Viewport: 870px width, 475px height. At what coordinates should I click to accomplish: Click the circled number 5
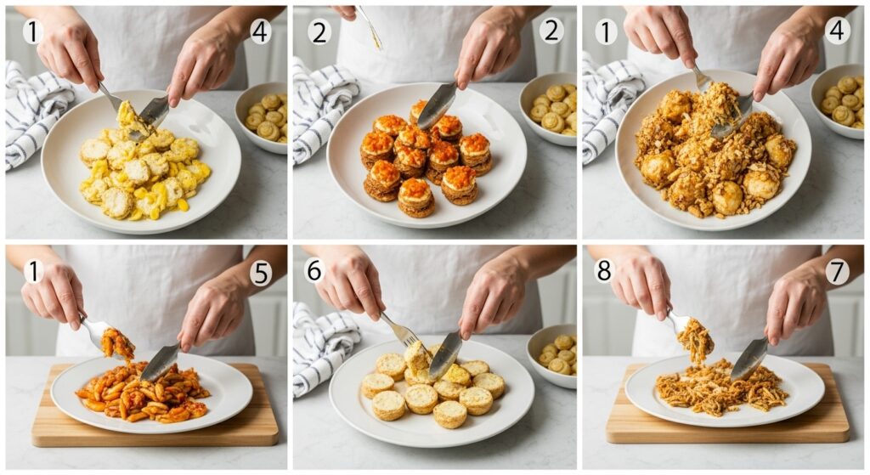click(x=261, y=273)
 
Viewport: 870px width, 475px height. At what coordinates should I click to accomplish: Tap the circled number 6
click(x=314, y=271)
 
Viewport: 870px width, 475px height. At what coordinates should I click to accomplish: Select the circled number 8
click(x=603, y=271)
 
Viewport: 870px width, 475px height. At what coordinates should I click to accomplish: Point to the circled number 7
click(x=837, y=272)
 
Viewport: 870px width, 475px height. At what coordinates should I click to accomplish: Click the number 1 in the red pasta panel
click(x=33, y=272)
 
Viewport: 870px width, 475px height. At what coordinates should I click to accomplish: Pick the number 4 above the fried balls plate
click(x=837, y=31)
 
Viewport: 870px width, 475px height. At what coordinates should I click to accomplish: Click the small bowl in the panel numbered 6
click(x=552, y=355)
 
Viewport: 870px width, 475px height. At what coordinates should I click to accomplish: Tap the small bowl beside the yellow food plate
click(x=263, y=117)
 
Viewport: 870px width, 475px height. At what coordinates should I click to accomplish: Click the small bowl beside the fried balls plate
click(x=839, y=100)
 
